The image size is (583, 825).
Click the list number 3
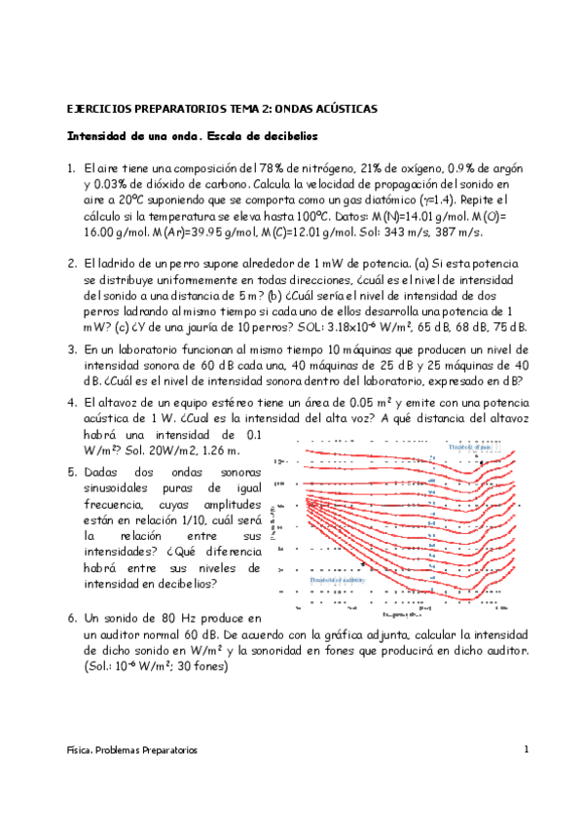coord(71,349)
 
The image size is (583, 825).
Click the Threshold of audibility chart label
coord(338,580)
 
